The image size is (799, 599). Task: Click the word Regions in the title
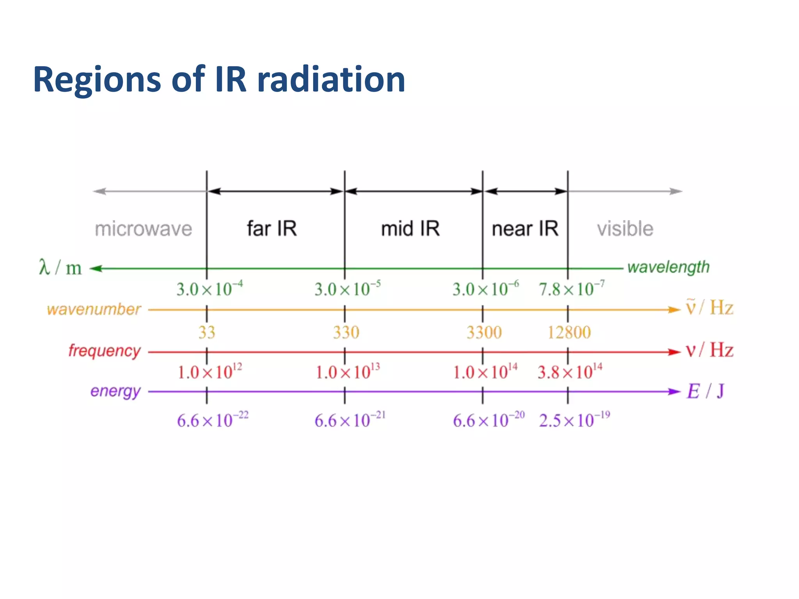[97, 80]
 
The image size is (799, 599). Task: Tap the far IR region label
[272, 228]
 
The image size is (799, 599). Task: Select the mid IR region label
[410, 229]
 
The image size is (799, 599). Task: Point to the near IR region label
[525, 229]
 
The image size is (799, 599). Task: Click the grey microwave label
[143, 229]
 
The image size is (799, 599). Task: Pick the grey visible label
[625, 229]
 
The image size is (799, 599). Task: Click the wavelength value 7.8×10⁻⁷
[571, 289]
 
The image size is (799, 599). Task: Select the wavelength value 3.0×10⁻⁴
[210, 289]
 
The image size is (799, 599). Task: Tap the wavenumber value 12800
[569, 332]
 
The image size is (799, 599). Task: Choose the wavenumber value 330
[346, 332]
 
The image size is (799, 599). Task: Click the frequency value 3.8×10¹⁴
[570, 372]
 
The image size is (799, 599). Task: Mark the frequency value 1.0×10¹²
[210, 372]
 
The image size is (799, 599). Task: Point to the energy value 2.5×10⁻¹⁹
[574, 420]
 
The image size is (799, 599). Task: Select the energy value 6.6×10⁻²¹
[350, 420]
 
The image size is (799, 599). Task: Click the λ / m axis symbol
[60, 268]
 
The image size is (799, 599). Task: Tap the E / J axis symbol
[705, 391]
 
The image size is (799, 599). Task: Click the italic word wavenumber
[94, 309]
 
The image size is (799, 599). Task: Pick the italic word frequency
[104, 351]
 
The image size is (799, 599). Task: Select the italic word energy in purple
[115, 391]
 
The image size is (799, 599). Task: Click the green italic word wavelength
[668, 268]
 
